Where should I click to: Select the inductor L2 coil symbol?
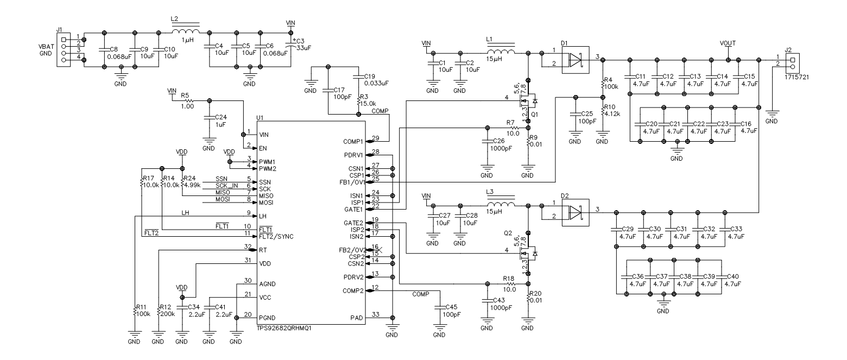185,31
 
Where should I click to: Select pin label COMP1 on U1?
352,141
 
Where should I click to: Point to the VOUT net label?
728,42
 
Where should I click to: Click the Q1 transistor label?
535,115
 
